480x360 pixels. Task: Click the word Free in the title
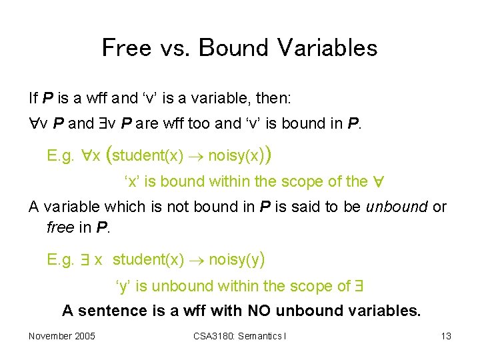point(126,48)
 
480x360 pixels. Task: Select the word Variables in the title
point(327,48)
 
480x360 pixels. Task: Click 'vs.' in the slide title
point(175,48)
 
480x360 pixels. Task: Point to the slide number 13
point(446,336)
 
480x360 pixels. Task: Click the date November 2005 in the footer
point(62,336)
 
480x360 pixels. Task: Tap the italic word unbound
point(397,207)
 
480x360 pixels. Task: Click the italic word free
point(61,227)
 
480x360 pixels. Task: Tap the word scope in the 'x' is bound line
point(302,181)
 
